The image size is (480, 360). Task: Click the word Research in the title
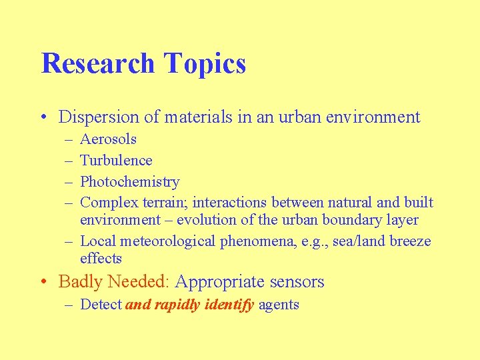point(98,64)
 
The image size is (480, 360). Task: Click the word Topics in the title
point(205,64)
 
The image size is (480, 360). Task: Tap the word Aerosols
point(108,139)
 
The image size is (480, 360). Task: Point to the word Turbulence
point(116,161)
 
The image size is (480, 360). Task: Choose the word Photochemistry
point(129,182)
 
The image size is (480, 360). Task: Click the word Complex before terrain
point(109,203)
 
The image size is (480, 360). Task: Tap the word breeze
point(405,241)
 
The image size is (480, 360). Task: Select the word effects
point(101,259)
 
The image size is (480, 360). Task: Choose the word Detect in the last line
point(101,305)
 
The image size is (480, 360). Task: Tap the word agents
point(279,305)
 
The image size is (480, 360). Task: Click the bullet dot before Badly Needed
point(44,282)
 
